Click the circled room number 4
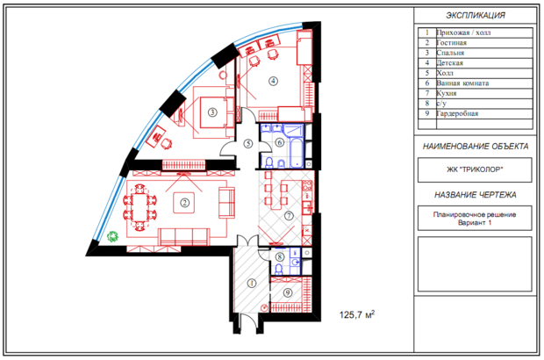tap(274, 81)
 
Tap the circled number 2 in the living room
tap(184, 202)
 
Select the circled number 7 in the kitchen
tap(289, 216)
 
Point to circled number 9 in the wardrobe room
tap(288, 293)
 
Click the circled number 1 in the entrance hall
tap(252, 284)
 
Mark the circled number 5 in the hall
tap(247, 143)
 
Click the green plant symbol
tap(113, 237)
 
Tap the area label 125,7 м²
tap(357, 314)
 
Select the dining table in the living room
tap(140, 207)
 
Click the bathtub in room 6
tap(297, 152)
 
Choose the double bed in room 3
tap(214, 112)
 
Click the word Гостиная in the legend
tap(451, 43)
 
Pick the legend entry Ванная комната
tap(462, 83)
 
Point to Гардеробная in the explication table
tap(457, 113)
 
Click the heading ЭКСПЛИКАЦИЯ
tap(476, 15)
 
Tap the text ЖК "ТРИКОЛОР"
tap(475, 169)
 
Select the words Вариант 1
tap(475, 222)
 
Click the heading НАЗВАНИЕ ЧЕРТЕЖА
tap(476, 195)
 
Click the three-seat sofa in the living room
tap(184, 237)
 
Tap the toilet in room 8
tap(279, 269)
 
